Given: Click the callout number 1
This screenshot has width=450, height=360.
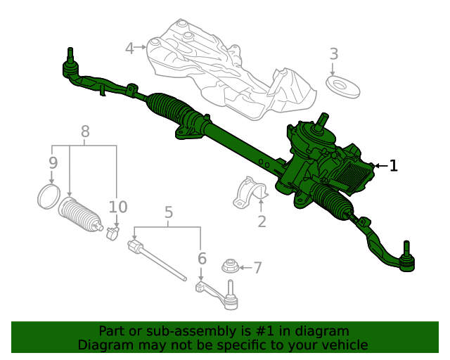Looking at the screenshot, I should (x=394, y=166).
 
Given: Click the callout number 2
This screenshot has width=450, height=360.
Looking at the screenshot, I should (x=262, y=222).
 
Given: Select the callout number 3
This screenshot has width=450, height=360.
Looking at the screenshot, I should (x=334, y=53).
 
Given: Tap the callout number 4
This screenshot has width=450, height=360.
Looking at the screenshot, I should (x=129, y=48).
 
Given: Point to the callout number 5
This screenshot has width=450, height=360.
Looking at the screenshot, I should (x=168, y=212).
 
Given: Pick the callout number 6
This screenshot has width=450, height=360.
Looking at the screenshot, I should (x=202, y=259).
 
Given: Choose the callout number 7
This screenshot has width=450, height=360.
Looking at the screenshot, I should (x=257, y=267).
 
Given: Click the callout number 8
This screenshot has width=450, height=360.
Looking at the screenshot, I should (x=85, y=131).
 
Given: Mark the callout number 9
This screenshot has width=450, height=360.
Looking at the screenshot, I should (x=53, y=162).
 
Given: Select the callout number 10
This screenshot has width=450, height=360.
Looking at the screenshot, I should (x=118, y=207).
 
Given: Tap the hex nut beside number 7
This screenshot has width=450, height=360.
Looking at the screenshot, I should (x=229, y=266).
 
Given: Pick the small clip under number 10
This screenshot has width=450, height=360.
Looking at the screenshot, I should (x=112, y=233).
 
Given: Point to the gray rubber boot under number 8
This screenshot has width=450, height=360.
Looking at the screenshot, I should (x=79, y=216).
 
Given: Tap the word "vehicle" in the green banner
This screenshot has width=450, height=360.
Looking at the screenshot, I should (x=344, y=345).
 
